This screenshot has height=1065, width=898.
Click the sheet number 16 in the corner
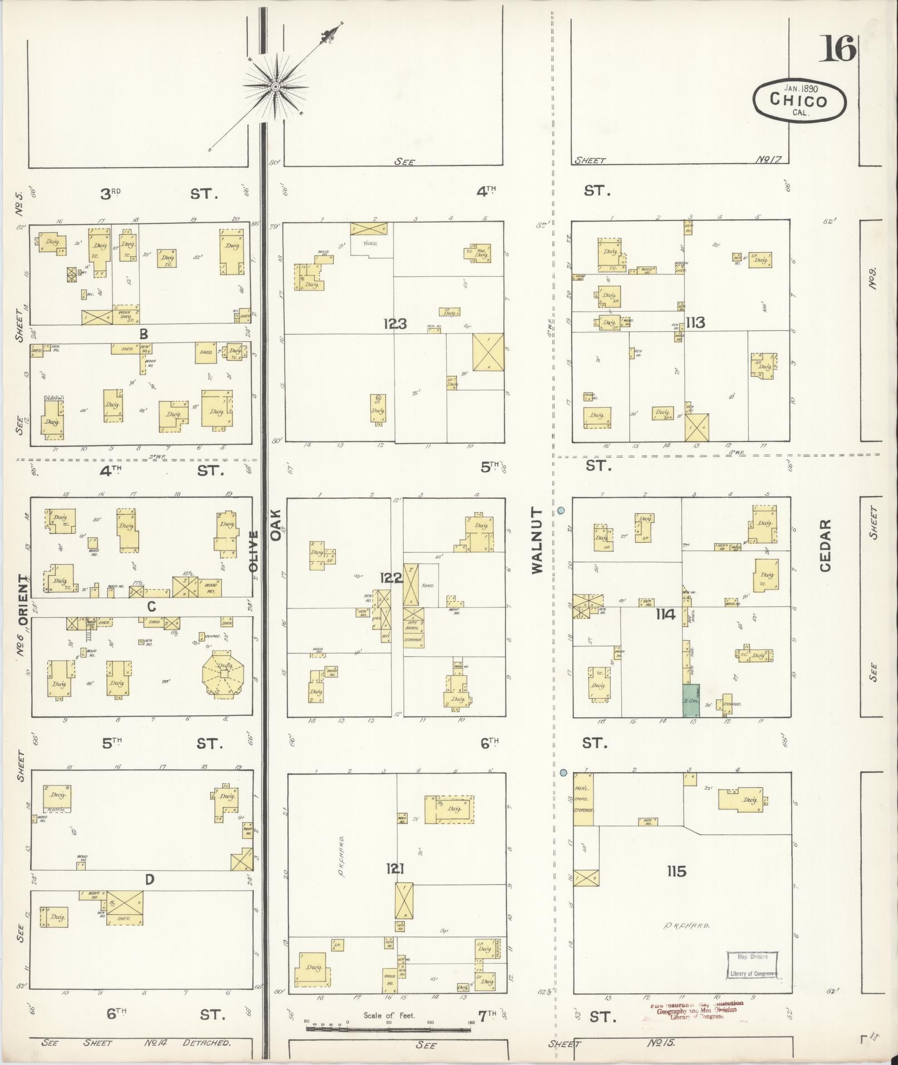837,50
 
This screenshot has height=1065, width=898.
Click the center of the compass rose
275,87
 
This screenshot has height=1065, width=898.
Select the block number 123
395,323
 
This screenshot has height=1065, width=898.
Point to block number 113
695,322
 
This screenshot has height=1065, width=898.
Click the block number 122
391,578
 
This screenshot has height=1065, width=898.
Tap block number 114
665,615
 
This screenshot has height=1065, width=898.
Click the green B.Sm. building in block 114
691,700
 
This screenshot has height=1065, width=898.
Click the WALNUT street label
537,540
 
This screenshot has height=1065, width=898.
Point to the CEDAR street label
825,545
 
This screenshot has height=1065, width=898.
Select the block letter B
144,334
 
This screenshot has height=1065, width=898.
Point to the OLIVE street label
253,551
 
